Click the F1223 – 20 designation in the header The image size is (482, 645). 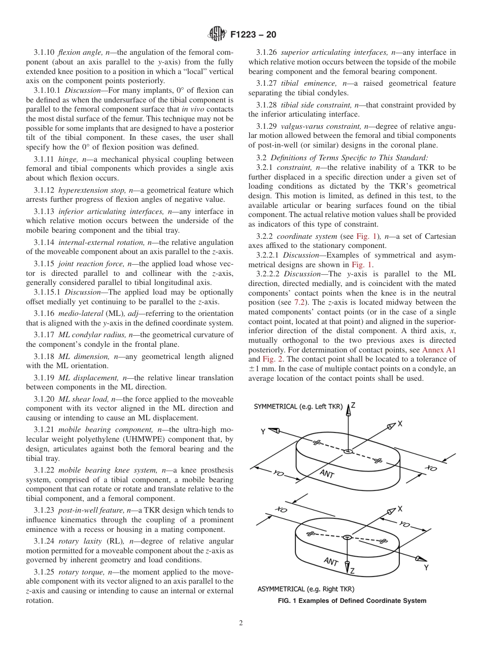253,35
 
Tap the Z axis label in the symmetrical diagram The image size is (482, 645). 353,405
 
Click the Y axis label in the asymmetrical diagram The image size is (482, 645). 426,567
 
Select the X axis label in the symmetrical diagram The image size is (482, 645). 400,423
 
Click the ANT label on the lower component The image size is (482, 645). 331,561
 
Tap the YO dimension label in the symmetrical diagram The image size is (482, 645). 278,474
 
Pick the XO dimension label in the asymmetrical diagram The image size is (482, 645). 281,509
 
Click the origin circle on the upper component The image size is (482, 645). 348,451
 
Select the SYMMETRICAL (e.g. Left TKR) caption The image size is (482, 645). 298,407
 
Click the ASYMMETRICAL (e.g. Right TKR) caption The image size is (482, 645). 305,589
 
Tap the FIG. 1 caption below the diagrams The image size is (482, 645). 352,601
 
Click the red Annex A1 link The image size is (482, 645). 439,350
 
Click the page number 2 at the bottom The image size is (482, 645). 241,623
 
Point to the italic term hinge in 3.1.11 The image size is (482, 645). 68,159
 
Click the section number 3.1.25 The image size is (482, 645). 45,571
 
